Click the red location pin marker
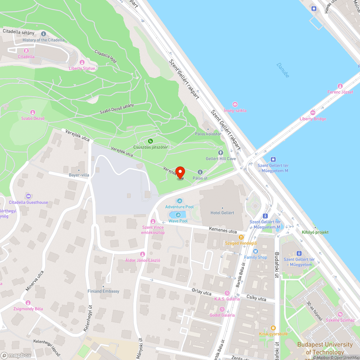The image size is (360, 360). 180,172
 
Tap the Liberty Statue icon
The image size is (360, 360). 82,62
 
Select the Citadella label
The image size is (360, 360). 26,57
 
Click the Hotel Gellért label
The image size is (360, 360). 222,213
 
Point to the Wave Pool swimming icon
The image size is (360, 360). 178,215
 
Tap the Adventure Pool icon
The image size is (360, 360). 179,201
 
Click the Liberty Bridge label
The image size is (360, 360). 312,119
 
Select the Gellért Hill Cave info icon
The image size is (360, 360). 221,153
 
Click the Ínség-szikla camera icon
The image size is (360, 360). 235,104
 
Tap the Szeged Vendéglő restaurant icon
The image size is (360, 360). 241,237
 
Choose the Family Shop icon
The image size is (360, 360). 256,251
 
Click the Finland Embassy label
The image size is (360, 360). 103,291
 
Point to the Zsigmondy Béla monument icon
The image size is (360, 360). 28,303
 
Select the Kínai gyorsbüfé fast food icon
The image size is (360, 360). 273,328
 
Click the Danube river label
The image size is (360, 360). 283,70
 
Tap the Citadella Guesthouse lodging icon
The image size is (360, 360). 28,196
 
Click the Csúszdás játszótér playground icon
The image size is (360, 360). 150,141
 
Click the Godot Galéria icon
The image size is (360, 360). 222,309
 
